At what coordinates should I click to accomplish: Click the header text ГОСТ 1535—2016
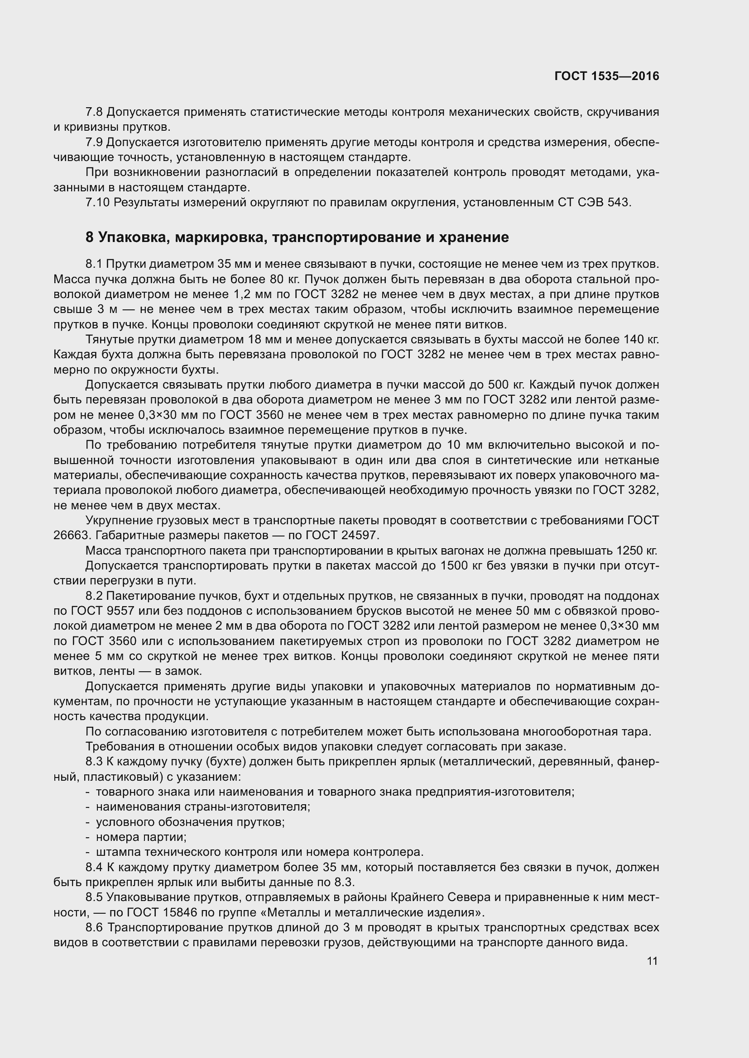click(x=606, y=76)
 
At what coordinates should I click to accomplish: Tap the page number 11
click(x=652, y=961)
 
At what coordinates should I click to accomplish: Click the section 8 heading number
click(x=90, y=237)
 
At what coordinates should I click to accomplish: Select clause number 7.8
click(x=95, y=112)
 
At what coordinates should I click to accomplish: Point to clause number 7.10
click(x=97, y=202)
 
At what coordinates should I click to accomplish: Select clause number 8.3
click(x=95, y=762)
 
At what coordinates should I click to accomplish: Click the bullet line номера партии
click(x=141, y=837)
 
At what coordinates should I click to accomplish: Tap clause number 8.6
click(x=95, y=927)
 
